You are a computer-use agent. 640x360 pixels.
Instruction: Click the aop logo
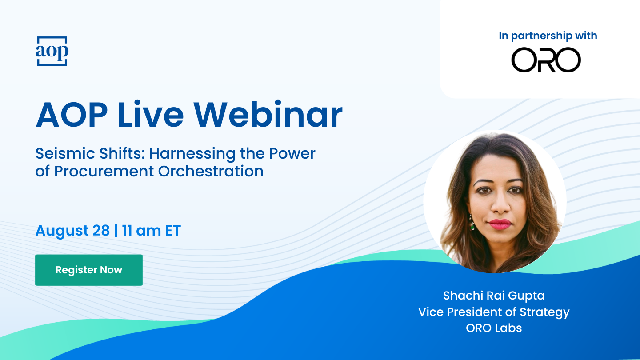(x=52, y=51)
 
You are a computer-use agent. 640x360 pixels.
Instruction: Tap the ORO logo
(x=546, y=60)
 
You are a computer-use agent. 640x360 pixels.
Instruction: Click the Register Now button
(x=89, y=270)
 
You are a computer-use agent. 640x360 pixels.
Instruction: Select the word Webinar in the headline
(x=268, y=114)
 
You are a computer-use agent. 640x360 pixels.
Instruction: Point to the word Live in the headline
(x=151, y=114)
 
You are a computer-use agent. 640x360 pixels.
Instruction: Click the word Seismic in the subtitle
(x=65, y=153)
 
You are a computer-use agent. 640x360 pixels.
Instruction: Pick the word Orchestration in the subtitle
(x=211, y=171)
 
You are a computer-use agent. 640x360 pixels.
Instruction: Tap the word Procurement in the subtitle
(x=104, y=171)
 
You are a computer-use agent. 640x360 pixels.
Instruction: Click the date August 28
(x=72, y=230)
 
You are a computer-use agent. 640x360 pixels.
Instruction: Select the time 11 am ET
(x=152, y=230)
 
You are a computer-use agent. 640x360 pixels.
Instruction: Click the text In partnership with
(x=548, y=36)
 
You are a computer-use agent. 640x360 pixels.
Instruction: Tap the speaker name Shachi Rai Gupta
(x=494, y=296)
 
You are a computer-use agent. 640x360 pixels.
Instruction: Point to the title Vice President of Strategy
(x=494, y=312)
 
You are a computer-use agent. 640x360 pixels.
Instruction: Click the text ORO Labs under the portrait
(x=494, y=328)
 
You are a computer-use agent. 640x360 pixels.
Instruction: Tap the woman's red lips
(x=500, y=224)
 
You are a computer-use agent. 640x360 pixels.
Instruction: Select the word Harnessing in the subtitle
(x=192, y=153)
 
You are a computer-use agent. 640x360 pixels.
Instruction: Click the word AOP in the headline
(x=72, y=114)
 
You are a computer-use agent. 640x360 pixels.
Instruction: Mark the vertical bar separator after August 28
(x=116, y=230)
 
